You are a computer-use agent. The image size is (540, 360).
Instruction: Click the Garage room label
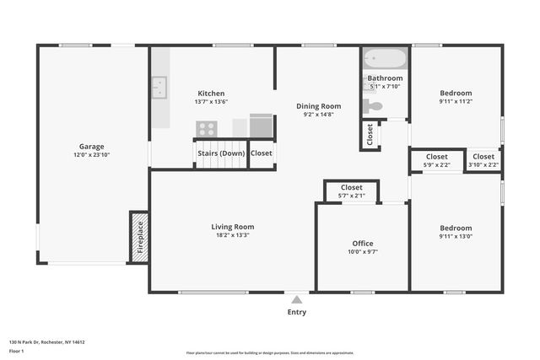coord(92,146)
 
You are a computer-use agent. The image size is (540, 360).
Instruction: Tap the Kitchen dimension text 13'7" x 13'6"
coord(211,102)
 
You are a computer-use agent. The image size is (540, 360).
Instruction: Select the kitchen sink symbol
coord(159,87)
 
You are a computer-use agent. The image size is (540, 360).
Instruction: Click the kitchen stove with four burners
coord(207,128)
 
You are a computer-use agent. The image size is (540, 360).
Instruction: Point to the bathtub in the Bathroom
coord(386,60)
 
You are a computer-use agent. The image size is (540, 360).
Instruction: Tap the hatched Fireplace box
coord(138,238)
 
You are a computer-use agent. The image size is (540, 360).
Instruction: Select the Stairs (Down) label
coord(220,153)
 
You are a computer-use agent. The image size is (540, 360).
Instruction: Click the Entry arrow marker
coord(296,298)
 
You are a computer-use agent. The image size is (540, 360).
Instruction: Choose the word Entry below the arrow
coord(296,312)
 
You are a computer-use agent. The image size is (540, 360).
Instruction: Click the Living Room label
coord(232,227)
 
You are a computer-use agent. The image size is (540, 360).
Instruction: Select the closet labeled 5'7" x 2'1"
coord(351,191)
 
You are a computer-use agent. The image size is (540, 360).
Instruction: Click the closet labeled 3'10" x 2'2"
coord(483,160)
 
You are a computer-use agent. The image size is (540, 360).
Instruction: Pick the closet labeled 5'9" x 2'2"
coord(436,160)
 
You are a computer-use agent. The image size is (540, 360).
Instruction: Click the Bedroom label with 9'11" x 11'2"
coord(456,93)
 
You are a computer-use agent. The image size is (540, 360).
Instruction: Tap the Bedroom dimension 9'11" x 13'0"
coord(456,237)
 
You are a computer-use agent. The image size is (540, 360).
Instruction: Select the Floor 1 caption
coord(17,351)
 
